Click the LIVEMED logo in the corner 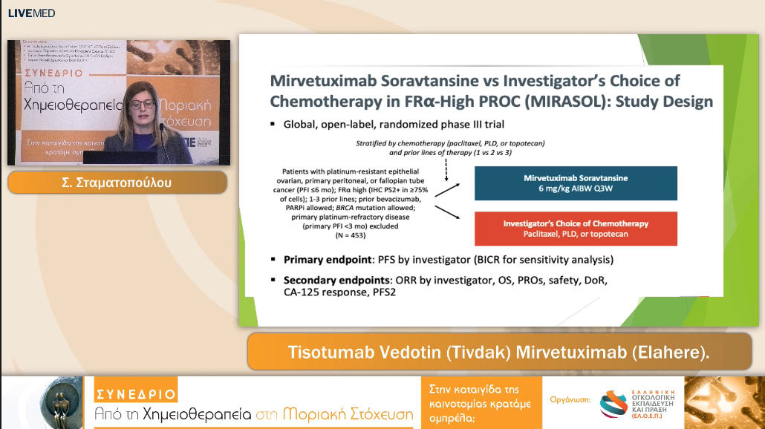coord(31,13)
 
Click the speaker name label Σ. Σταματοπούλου coord(117,182)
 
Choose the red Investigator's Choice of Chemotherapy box coord(576,229)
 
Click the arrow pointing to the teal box coord(446,190)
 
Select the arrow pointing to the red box coord(446,216)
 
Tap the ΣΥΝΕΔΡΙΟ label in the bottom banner coord(136,394)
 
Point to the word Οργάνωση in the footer coord(570,399)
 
